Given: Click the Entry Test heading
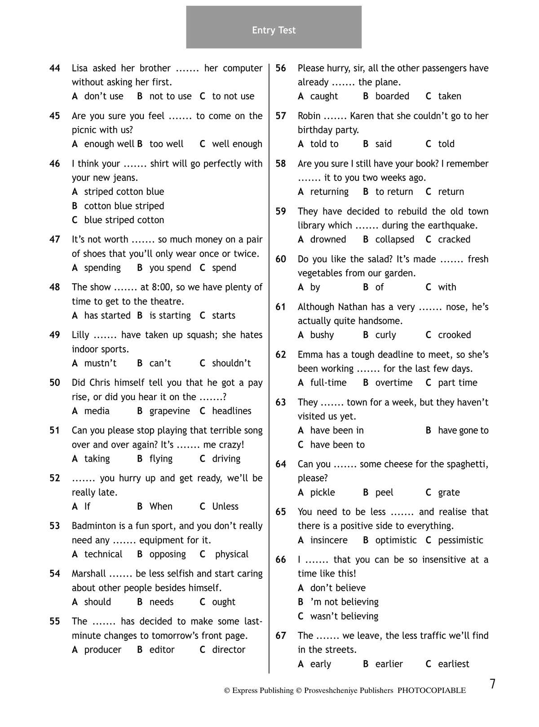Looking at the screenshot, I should pos(274,30).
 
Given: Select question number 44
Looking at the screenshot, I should pos(55,68).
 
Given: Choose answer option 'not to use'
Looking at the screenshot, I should pos(170,96).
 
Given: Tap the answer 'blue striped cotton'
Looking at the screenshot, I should pos(124,220).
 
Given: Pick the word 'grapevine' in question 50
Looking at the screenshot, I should pos(169,411).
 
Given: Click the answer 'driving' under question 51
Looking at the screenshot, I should pos(226,458).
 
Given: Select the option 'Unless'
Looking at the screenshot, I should pos(225,507).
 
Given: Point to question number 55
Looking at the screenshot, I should pos(55,621).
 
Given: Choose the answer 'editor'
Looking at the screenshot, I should pos(162,650).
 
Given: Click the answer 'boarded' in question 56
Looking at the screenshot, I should pos(392,96).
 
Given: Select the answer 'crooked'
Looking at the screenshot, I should pos(454,335).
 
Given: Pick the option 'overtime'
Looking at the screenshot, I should pos(393,383).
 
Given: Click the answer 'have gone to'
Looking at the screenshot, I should pos(463,431).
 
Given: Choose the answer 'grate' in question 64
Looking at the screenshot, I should pos(449,493).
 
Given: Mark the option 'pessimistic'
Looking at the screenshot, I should pos(460,540).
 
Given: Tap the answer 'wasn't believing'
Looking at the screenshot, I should pos(344,616).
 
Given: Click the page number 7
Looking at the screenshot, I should pos(493,684).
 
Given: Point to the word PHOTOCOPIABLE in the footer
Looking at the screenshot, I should pos(431,691).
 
